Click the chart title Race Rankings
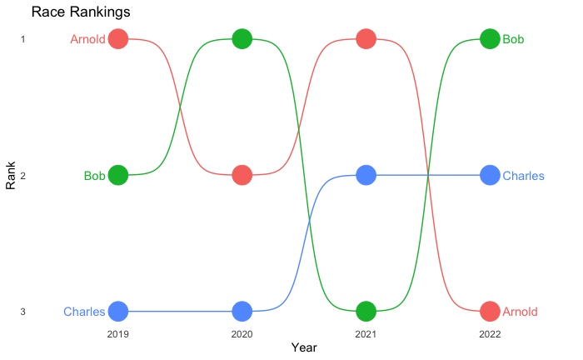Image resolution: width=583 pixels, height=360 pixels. point(81,12)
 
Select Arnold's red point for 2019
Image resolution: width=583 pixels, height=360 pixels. point(118,38)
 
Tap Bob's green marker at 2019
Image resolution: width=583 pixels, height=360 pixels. point(118,175)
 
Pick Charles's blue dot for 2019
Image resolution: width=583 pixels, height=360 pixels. point(118,312)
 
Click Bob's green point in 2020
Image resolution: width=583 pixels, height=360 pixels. point(242,38)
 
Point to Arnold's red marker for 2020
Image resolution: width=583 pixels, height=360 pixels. point(242,175)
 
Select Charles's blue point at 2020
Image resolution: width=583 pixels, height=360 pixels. point(242,312)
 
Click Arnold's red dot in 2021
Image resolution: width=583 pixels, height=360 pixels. point(366,38)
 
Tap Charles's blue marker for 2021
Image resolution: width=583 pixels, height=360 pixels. point(366,175)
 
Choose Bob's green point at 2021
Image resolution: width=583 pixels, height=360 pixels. point(366,312)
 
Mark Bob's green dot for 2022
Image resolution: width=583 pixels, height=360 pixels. point(490,38)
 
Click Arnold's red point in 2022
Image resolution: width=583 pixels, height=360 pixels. point(490,312)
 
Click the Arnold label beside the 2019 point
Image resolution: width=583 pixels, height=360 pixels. point(87,39)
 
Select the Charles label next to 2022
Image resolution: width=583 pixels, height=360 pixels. point(524,176)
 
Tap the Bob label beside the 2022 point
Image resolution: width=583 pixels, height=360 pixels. point(513,39)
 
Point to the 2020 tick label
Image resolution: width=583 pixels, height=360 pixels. point(242,334)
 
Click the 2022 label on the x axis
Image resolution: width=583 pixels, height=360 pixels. point(490,334)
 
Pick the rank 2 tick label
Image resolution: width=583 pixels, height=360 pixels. point(23,176)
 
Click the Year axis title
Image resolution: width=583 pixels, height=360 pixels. point(304,347)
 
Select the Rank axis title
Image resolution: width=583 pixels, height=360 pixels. point(11,176)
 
